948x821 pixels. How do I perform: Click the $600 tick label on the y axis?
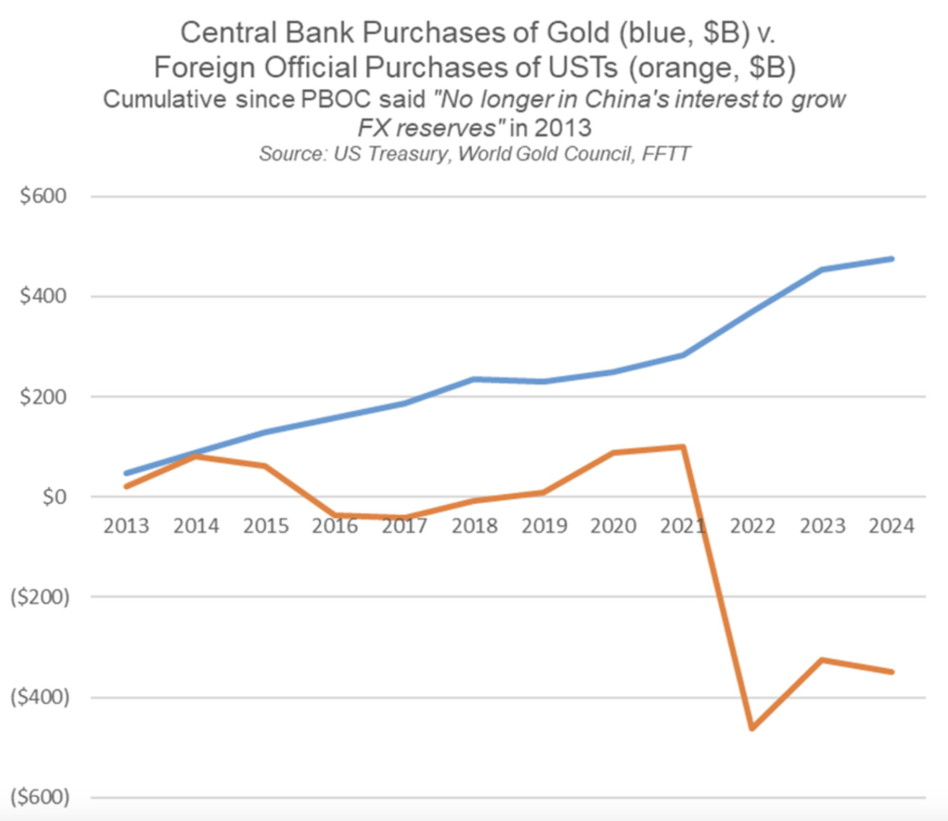(43, 196)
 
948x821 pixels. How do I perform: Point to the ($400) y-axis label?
(40, 697)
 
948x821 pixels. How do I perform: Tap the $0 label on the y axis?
(55, 497)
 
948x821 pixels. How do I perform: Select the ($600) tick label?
(40, 797)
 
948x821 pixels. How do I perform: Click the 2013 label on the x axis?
(126, 526)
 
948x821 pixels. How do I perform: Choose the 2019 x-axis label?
(544, 526)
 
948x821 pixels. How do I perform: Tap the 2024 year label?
(891, 526)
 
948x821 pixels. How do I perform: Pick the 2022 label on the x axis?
(753, 526)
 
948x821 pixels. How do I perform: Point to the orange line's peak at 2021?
(683, 447)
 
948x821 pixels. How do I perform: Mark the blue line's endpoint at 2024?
(891, 259)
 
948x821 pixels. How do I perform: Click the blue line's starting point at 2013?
(127, 473)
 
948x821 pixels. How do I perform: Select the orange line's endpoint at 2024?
(891, 673)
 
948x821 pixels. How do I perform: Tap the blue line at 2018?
(474, 379)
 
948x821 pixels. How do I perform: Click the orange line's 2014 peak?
(196, 457)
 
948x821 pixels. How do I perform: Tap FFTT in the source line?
(666, 154)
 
